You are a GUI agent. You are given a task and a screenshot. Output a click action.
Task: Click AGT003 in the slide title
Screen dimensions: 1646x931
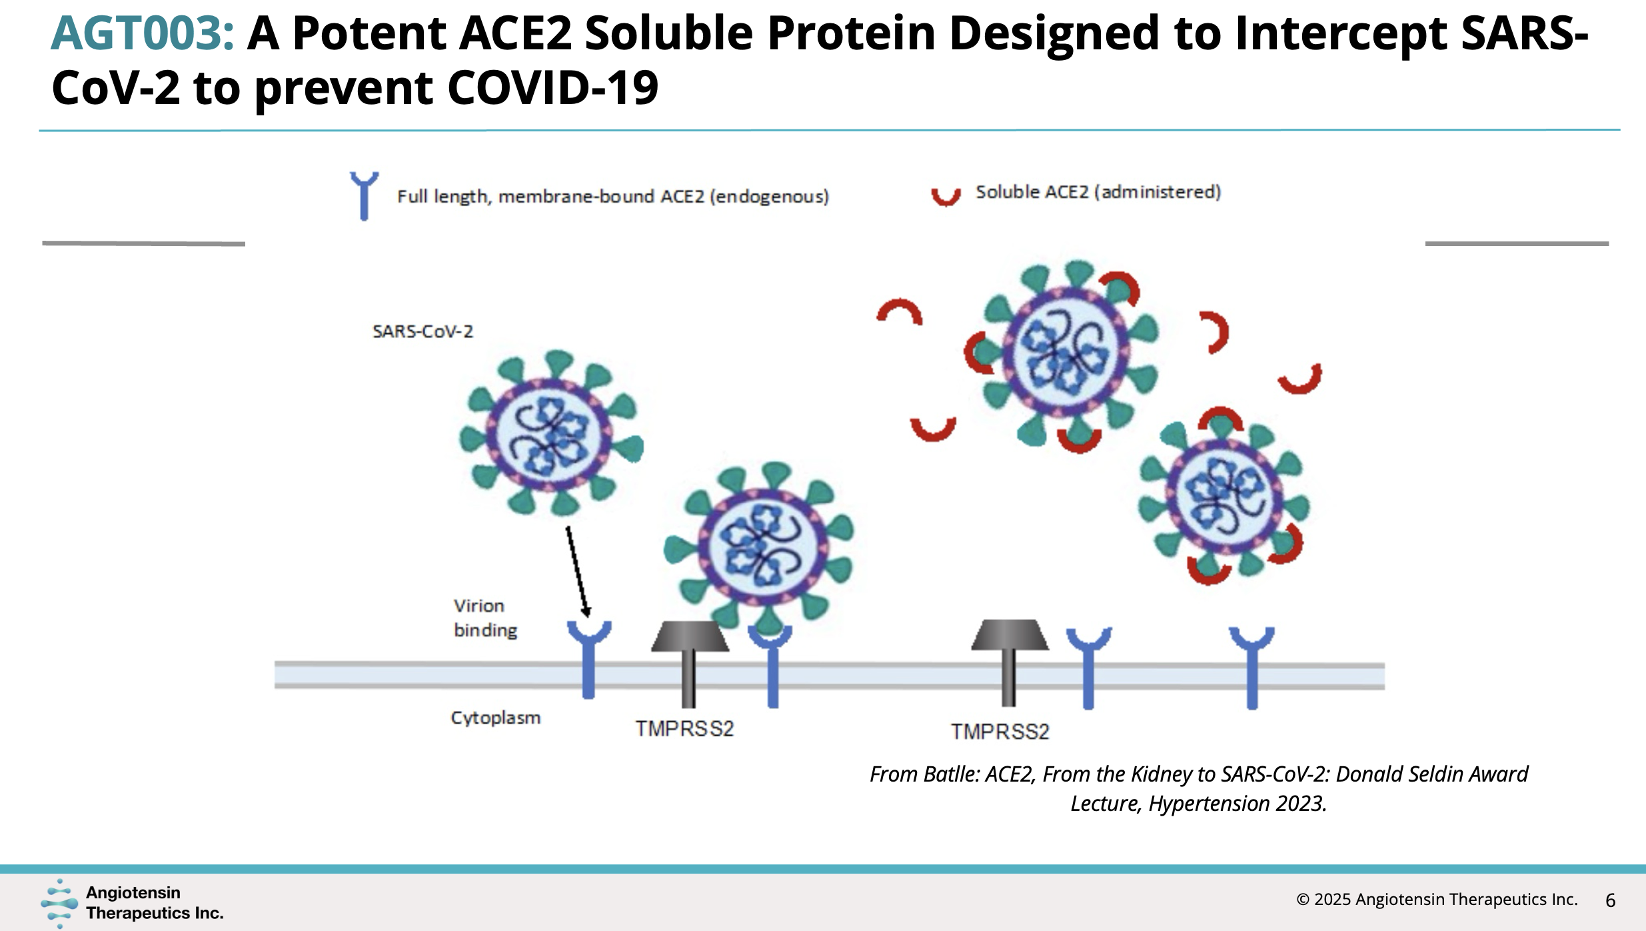coord(143,33)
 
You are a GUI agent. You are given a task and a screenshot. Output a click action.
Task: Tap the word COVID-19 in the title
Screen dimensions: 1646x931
coord(552,88)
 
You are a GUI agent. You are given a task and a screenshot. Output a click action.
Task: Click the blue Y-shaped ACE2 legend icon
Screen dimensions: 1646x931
coord(364,196)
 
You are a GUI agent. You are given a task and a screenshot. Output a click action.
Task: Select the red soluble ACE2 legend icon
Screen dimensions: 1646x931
coord(946,196)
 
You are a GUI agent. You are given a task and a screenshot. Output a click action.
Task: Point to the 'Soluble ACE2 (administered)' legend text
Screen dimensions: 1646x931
coord(1098,192)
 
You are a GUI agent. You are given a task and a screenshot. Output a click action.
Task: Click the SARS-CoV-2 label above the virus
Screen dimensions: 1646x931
coord(422,331)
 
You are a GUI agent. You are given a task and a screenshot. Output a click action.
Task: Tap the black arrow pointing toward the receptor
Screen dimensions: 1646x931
coord(578,572)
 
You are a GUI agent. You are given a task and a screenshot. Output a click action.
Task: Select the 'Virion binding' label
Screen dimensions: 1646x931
coord(485,618)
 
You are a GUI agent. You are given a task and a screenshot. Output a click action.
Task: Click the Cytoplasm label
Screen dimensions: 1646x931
coord(495,718)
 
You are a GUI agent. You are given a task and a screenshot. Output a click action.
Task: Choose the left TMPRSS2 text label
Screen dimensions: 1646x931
coord(684,728)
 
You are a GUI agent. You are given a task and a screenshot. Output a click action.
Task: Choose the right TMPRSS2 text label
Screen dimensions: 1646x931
coord(1000,732)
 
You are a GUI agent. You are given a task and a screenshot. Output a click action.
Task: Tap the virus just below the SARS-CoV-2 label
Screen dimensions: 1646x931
coord(552,433)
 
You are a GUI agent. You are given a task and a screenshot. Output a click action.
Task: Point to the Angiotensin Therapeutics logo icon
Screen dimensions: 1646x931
coord(59,903)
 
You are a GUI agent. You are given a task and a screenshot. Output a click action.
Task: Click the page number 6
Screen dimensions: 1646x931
coord(1611,900)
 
